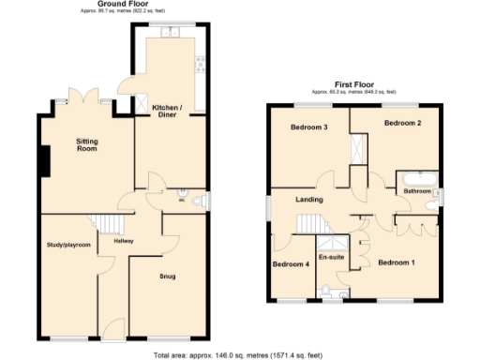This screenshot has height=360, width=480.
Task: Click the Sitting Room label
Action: [86, 145]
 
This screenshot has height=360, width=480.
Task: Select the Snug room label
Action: [167, 276]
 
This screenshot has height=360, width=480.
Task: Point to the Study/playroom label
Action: [68, 245]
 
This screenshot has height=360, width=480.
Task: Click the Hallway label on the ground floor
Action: [124, 241]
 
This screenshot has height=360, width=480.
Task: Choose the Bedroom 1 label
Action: [397, 263]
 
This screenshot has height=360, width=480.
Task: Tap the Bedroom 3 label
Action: [308, 127]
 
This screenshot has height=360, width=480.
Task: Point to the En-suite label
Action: [331, 255]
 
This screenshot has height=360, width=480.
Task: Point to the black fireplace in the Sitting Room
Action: [43, 160]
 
